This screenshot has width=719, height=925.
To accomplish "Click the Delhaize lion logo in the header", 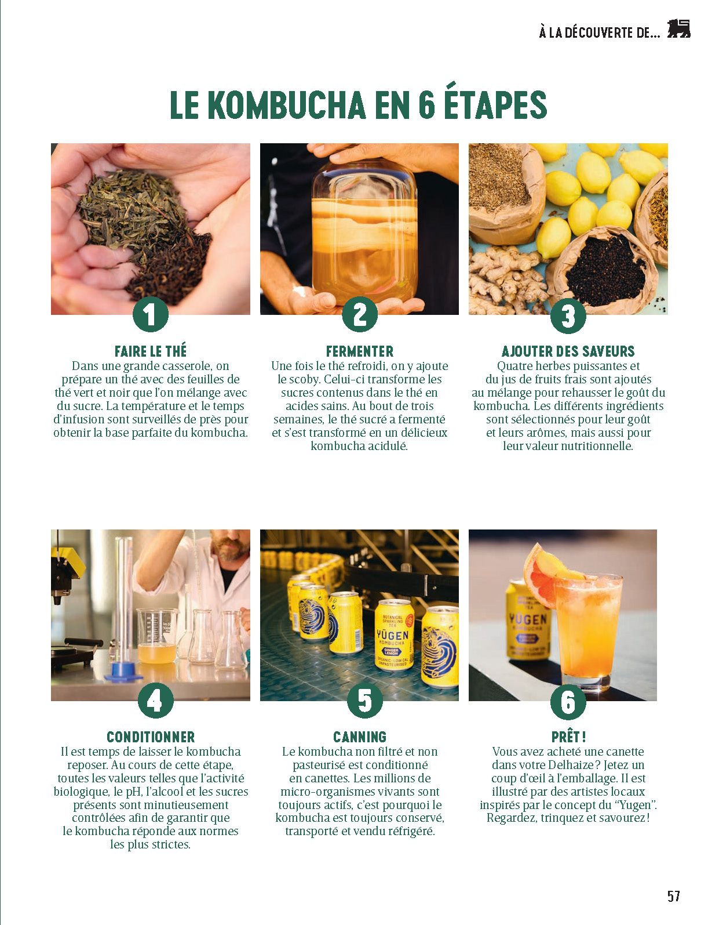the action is click(x=678, y=28).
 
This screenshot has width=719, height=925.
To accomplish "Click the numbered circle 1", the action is click(x=151, y=315).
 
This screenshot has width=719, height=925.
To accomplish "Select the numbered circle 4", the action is click(x=156, y=701).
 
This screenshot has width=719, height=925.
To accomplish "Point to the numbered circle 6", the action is click(x=568, y=701).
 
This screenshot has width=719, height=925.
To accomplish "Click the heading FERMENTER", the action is click(x=360, y=351).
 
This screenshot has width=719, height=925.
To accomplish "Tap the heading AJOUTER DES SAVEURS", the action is click(x=568, y=351).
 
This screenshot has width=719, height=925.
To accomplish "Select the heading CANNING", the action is click(x=360, y=737).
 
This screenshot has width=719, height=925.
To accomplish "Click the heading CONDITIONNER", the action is click(x=151, y=737).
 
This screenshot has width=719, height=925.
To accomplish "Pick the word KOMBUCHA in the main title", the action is click(x=288, y=105).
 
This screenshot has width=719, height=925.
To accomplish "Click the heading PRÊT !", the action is click(x=568, y=737).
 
